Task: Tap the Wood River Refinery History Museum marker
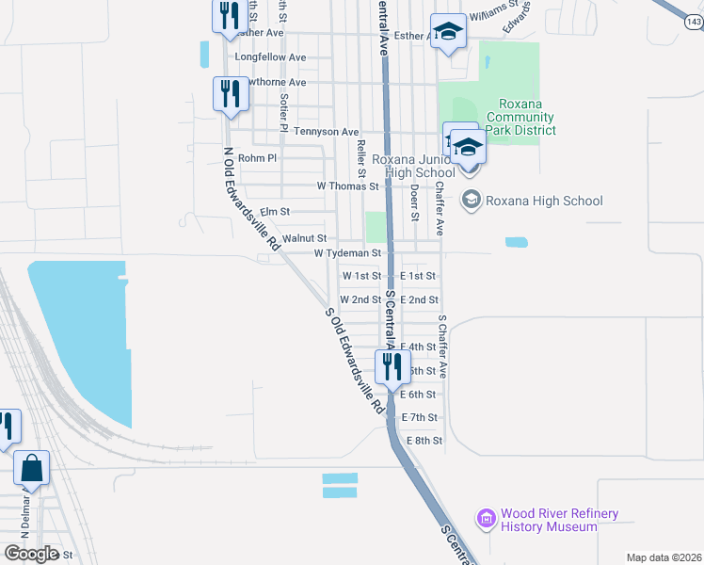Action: (486, 519)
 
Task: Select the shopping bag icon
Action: (32, 468)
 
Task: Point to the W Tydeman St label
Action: (347, 253)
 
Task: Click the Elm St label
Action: (275, 212)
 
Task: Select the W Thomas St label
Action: (347, 186)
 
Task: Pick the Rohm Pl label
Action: (257, 158)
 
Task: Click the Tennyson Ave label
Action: (327, 132)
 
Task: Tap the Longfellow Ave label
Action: (270, 57)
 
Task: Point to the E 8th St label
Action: (424, 441)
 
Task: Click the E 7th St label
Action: (420, 417)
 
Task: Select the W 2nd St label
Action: (360, 299)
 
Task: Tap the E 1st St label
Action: (419, 276)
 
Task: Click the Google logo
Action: (31, 554)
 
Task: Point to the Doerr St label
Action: (414, 202)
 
